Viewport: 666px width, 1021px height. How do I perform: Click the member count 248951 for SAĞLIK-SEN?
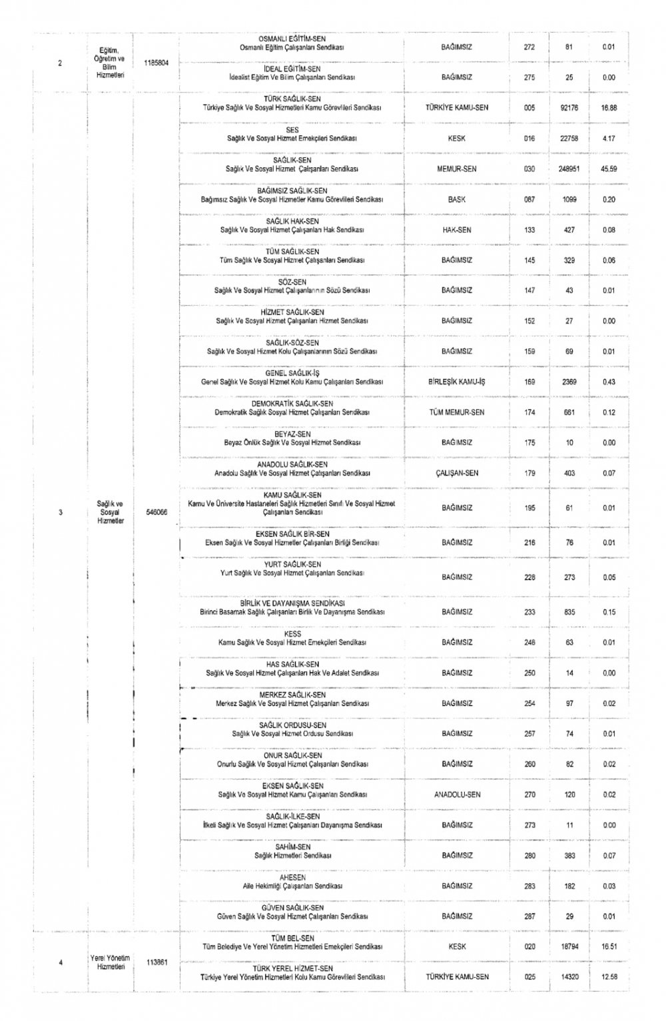569,169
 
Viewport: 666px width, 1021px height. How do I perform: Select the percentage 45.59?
609,169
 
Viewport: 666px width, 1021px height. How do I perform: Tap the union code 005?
529,108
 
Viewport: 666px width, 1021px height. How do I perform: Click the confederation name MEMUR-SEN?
457,169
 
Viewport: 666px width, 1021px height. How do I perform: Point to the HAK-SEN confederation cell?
457,230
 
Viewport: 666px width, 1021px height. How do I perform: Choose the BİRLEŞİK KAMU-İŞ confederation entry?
457,382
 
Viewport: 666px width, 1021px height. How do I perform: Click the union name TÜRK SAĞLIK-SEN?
292,99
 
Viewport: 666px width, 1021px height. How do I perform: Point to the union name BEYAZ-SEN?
292,434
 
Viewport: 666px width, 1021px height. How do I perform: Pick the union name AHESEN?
292,878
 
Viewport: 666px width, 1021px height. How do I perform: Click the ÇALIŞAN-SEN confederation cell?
457,474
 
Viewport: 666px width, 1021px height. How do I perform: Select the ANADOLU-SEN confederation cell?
457,795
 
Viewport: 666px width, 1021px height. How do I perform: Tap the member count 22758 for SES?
569,139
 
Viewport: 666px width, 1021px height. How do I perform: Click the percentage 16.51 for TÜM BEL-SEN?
609,946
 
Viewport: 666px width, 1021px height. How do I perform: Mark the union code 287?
529,916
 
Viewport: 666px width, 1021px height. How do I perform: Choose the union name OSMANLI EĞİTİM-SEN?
292,39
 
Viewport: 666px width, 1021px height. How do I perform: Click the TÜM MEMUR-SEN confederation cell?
457,412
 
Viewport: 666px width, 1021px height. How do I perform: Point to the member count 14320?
569,977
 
